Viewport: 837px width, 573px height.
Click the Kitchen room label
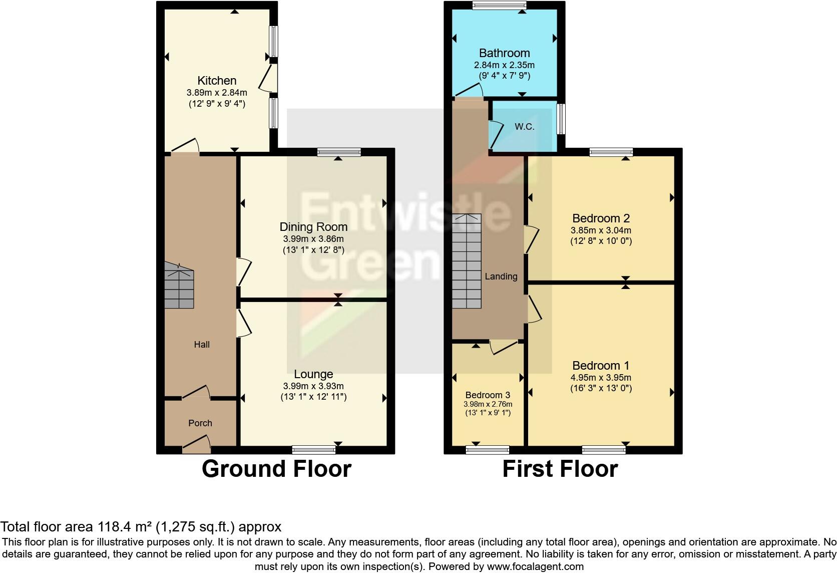click(217, 81)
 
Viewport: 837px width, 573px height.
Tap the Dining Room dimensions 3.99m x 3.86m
click(313, 239)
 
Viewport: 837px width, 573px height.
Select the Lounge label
click(313, 374)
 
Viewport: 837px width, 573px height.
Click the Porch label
click(200, 423)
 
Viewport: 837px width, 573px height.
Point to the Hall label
click(202, 345)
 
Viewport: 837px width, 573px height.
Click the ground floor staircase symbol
click(179, 288)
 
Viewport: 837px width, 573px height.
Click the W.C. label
click(525, 127)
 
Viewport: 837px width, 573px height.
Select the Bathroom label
click(504, 53)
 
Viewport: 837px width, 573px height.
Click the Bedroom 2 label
click(601, 218)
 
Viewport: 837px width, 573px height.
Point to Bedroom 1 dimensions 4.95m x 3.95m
click(601, 378)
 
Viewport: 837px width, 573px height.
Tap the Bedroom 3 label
click(488, 395)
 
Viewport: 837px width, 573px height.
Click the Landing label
click(501, 276)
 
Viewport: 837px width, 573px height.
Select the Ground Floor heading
click(276, 469)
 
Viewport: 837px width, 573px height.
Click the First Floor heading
click(560, 469)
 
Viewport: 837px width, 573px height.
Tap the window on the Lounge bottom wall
click(314, 449)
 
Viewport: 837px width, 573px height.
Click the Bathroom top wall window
click(499, 5)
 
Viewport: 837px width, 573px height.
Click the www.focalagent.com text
click(535, 567)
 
